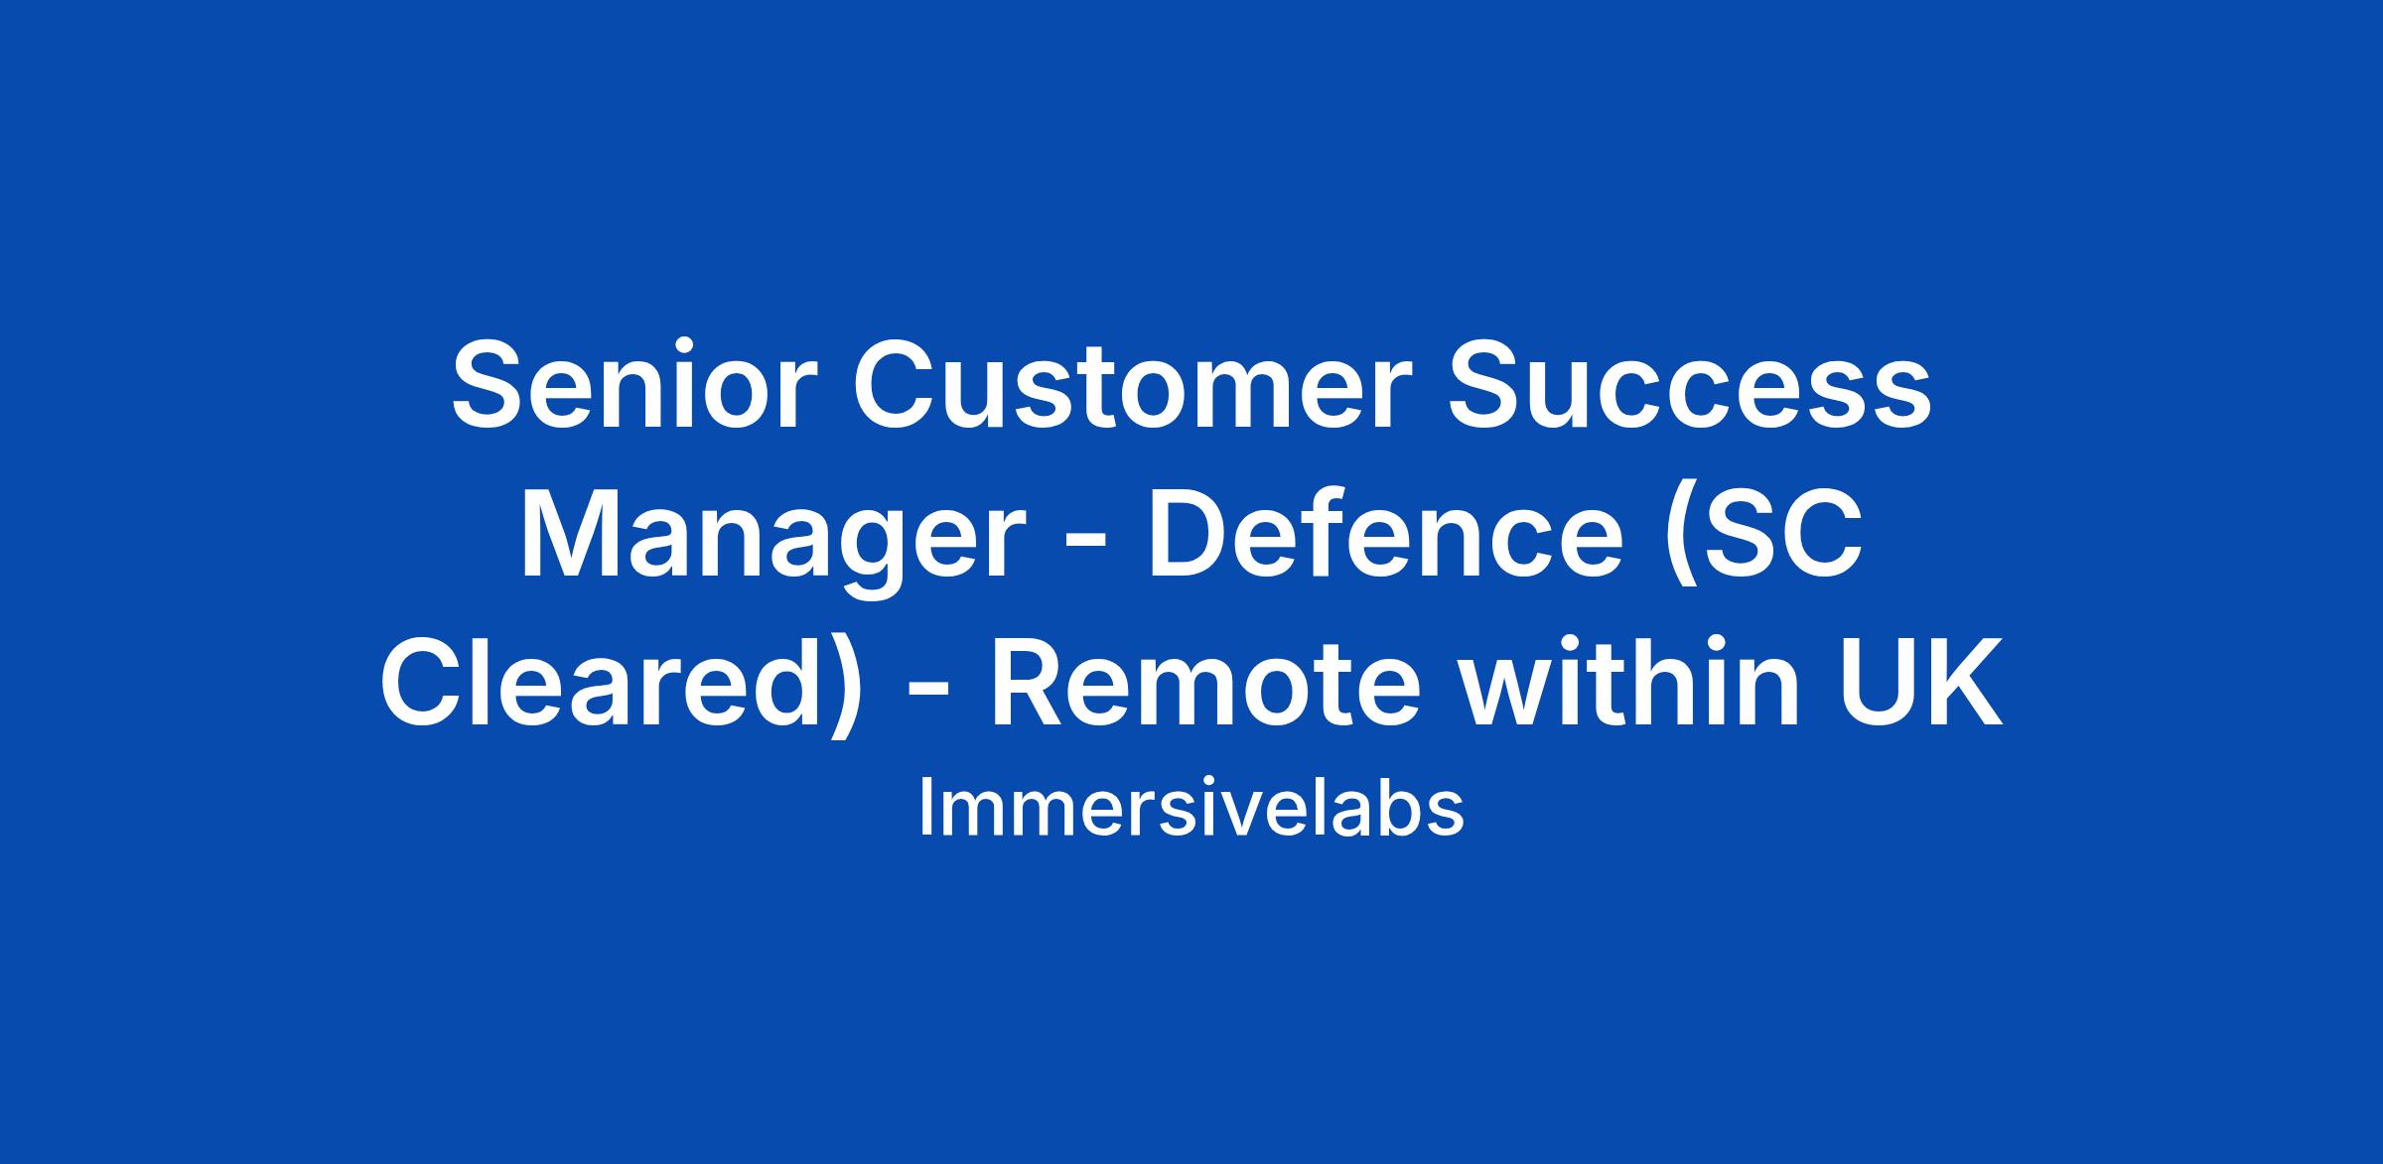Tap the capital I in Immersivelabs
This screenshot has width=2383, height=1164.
924,807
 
